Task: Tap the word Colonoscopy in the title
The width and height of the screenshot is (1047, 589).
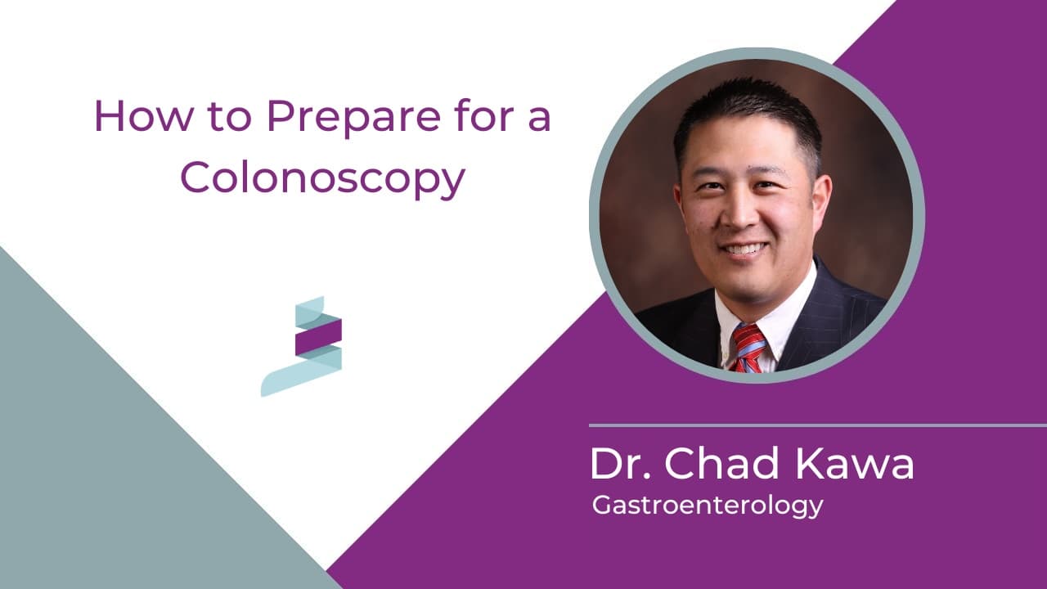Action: (322, 178)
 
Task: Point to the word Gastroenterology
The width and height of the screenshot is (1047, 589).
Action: (707, 506)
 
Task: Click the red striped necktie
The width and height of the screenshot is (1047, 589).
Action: (749, 347)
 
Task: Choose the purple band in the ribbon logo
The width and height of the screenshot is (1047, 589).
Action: (318, 337)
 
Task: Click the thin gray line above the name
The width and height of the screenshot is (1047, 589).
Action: (818, 425)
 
